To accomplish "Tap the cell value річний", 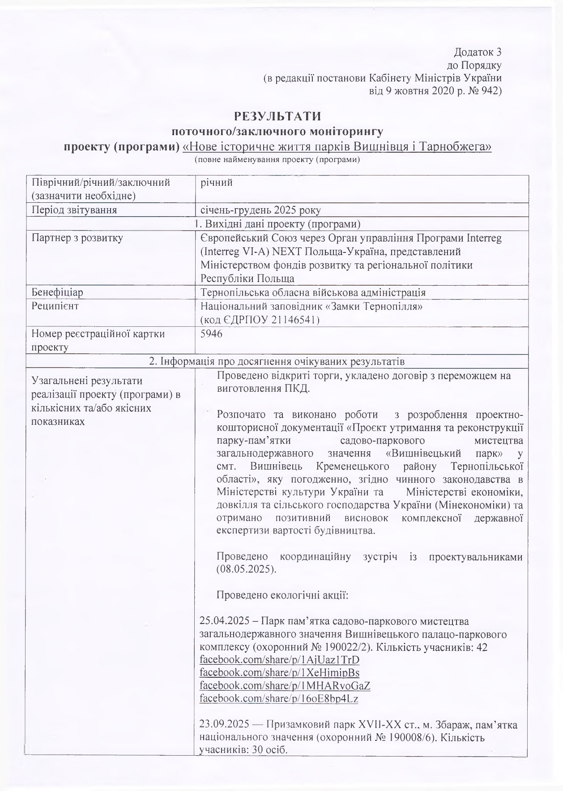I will (217, 183).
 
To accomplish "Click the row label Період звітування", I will (74, 210).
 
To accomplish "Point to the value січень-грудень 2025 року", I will (260, 210).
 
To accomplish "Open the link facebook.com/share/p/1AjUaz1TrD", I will (279, 660).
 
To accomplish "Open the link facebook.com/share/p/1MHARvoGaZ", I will (285, 685).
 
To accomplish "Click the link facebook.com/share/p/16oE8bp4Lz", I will (278, 698).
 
